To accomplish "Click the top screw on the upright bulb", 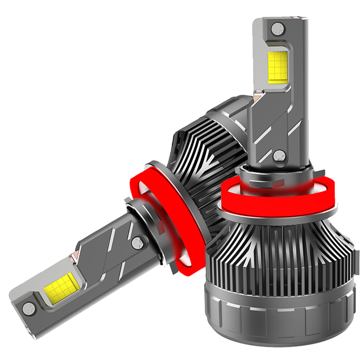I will pyautogui.click(x=276, y=28).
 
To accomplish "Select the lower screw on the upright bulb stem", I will pyautogui.click(x=278, y=155).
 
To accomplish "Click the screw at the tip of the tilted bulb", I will pyautogui.click(x=27, y=308).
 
